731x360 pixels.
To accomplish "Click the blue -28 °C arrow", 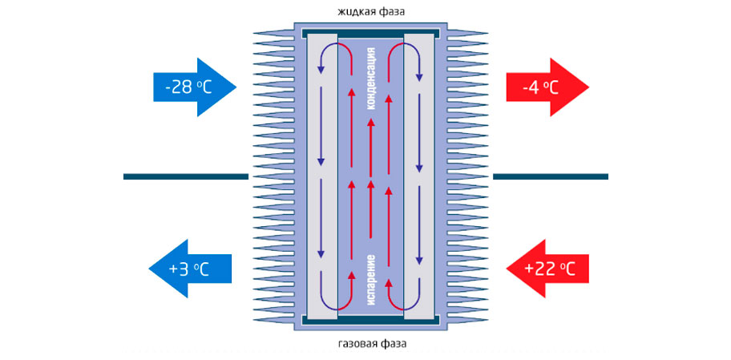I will pos(192,86).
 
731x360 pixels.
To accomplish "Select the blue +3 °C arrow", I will pos(192,269).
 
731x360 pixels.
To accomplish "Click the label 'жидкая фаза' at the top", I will pos(371,12).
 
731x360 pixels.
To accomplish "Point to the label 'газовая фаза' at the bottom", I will pos(371,345).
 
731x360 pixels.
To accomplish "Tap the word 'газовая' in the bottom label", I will pos(353,345).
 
